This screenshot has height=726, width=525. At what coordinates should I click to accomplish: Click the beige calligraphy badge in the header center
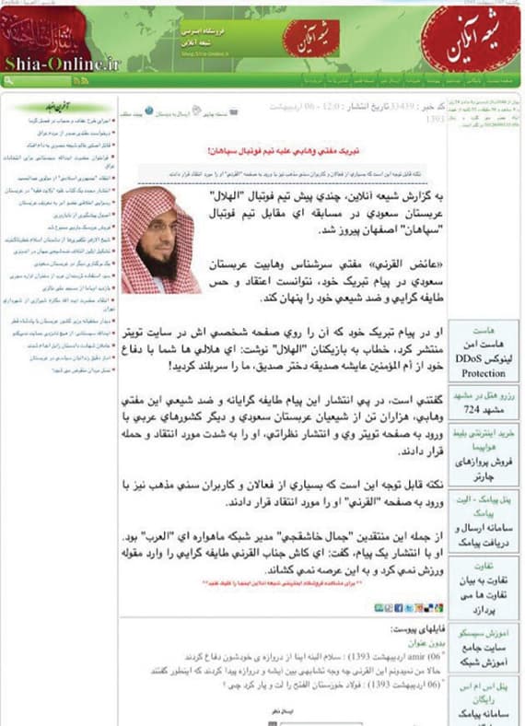point(303,38)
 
